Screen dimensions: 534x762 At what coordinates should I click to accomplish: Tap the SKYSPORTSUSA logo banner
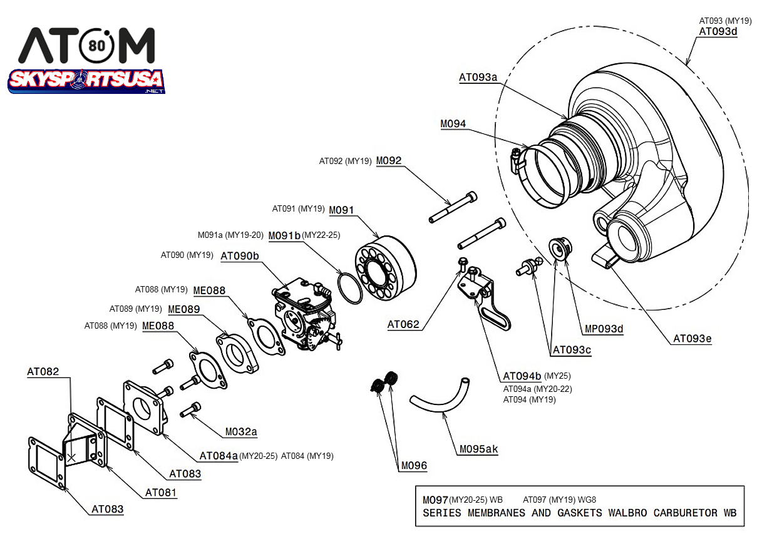click(86, 80)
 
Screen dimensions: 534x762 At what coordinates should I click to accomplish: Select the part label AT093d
click(718, 32)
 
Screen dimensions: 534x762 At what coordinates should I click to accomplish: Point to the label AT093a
click(478, 78)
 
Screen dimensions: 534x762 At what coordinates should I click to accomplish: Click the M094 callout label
click(453, 124)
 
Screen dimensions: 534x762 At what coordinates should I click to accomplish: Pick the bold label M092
click(388, 161)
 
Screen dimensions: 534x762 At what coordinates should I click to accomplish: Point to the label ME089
click(183, 309)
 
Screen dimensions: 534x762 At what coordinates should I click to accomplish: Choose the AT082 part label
click(43, 371)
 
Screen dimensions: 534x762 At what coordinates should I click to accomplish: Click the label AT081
click(161, 493)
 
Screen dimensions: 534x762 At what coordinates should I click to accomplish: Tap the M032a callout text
click(241, 432)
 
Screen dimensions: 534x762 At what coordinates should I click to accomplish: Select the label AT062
click(403, 324)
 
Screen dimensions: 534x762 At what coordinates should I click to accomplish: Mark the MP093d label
click(604, 329)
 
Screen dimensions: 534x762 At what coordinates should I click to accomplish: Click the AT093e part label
click(692, 339)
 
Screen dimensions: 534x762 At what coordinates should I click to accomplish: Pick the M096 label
click(414, 465)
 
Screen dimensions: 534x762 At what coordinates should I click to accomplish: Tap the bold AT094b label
click(522, 376)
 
